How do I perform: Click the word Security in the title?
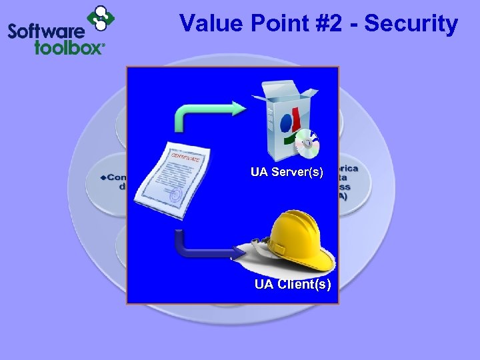pos(411,24)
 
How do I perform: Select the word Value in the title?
pos(210,24)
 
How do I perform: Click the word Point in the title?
pos(273,24)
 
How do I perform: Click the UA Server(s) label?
pos(287,173)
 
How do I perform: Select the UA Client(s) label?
pos(292,285)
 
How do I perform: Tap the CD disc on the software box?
pos(307,141)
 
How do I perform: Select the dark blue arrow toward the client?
pos(200,248)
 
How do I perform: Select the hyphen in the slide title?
pos(353,25)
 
